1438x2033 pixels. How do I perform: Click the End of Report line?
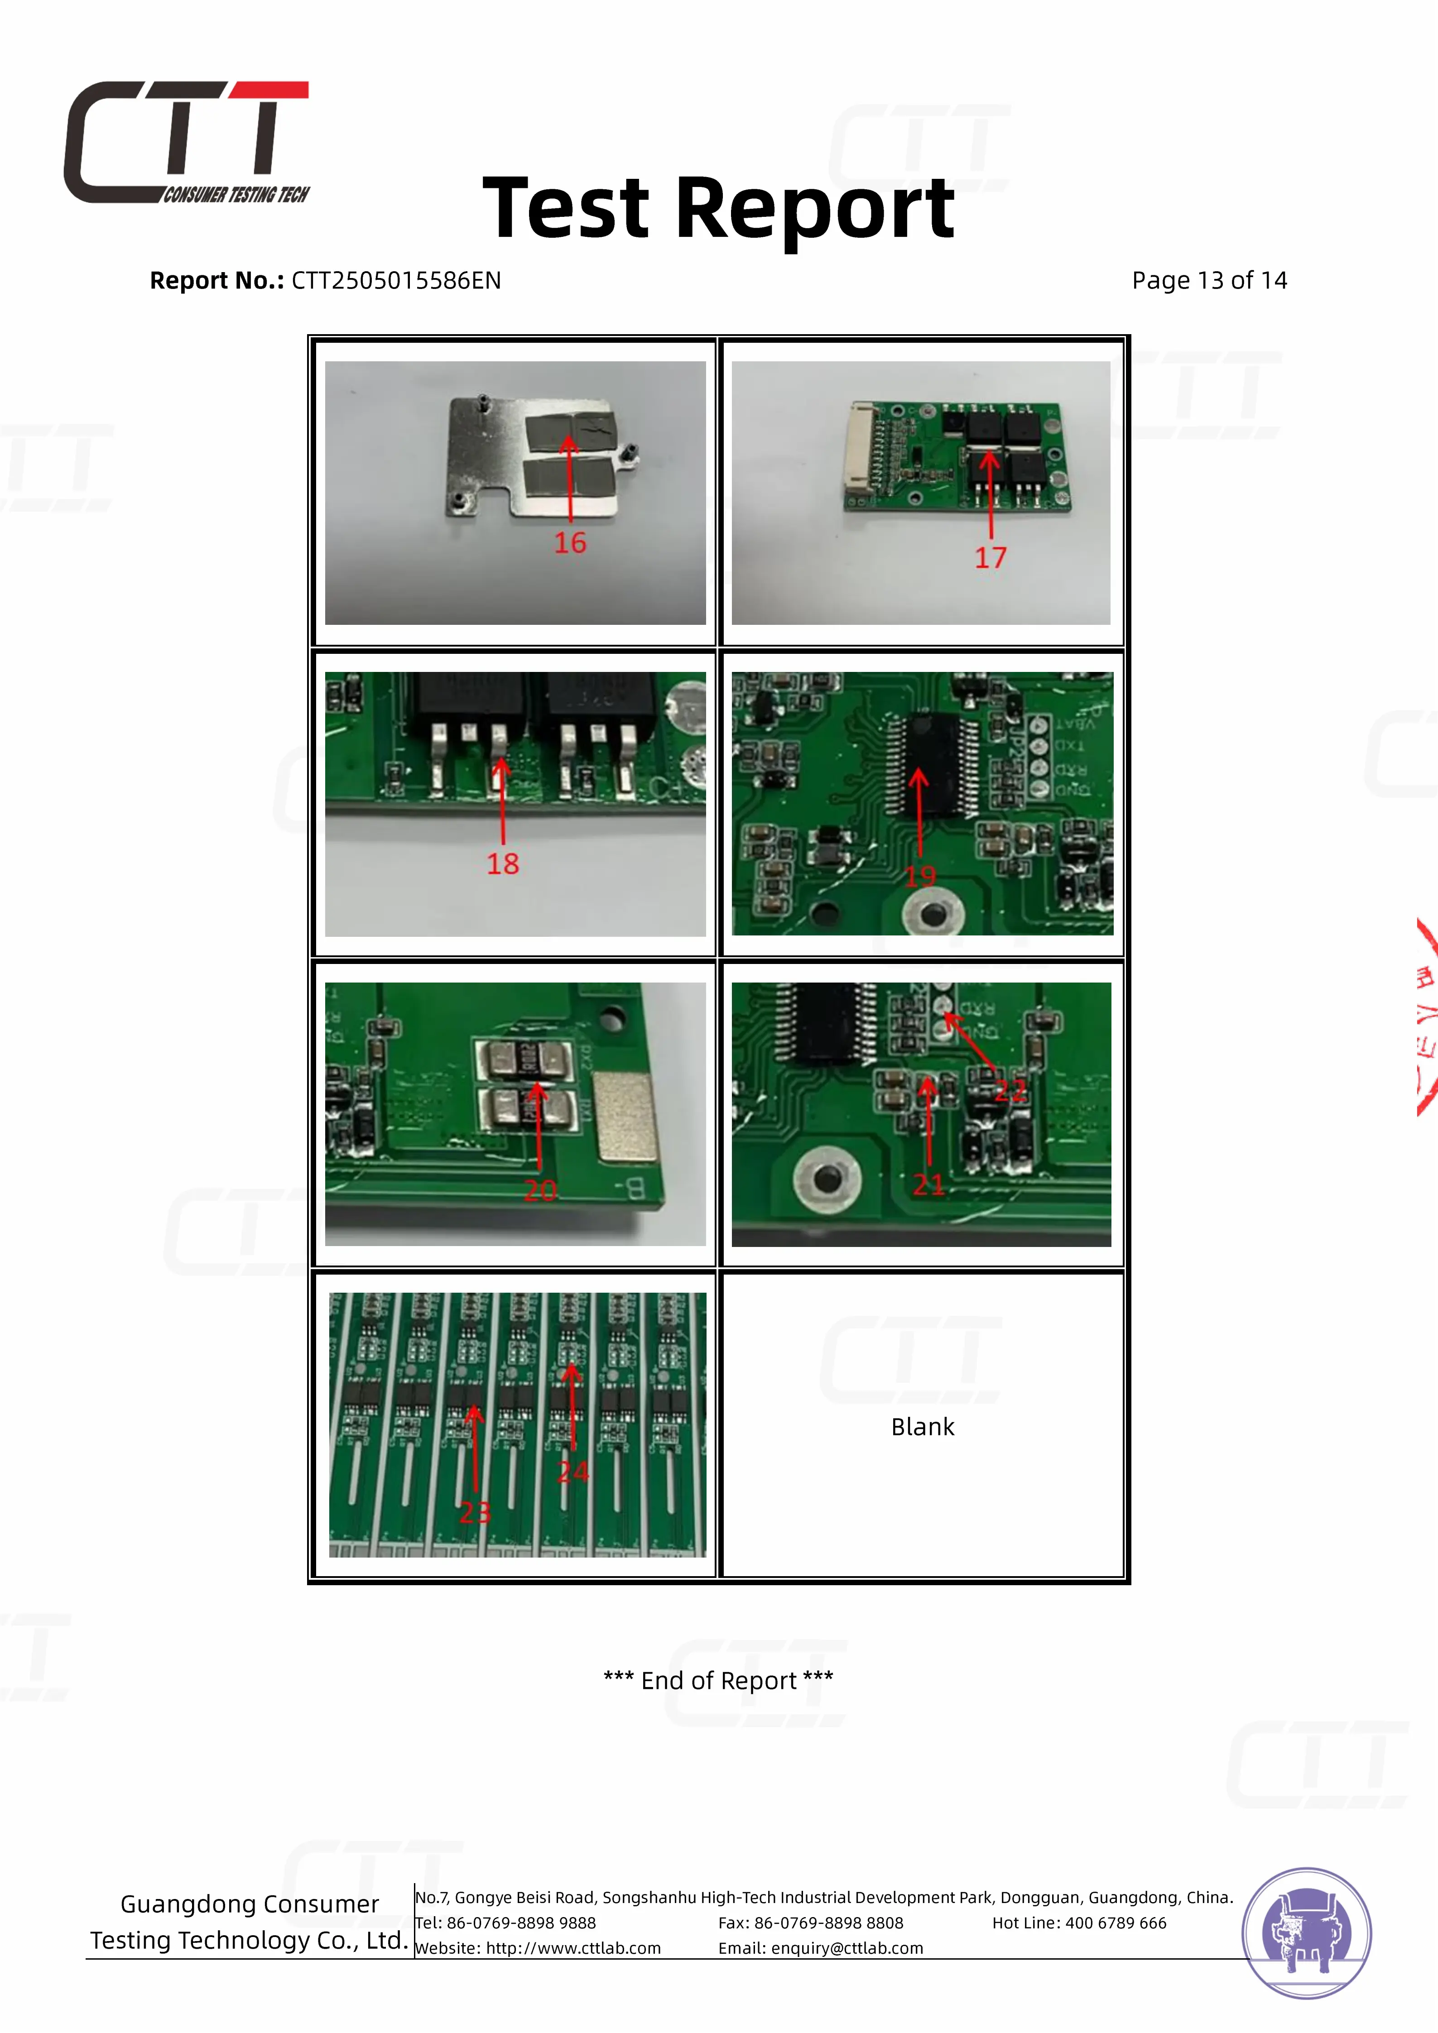pos(718,1680)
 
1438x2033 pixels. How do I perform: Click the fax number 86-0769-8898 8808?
pos(829,1923)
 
